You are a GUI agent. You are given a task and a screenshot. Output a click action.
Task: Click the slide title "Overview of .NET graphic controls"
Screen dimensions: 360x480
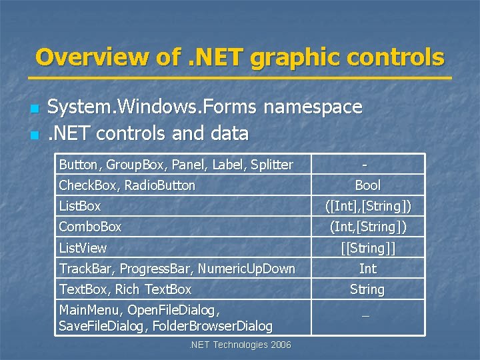pyautogui.click(x=239, y=57)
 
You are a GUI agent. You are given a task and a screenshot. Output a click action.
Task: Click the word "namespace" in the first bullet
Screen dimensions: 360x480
pyautogui.click(x=313, y=107)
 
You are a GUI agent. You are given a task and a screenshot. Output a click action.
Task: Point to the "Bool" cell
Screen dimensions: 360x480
pyautogui.click(x=367, y=185)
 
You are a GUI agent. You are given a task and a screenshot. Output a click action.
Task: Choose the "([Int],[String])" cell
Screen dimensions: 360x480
pyautogui.click(x=367, y=206)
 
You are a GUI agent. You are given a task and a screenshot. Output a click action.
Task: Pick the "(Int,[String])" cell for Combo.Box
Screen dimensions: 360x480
pyautogui.click(x=367, y=227)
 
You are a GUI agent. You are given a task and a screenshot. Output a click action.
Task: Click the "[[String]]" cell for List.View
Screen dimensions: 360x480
pyautogui.click(x=367, y=248)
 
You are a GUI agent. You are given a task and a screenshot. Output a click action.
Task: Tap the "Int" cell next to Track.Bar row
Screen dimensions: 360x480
pyautogui.click(x=367, y=269)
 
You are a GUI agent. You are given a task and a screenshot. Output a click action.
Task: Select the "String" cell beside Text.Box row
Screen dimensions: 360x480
pyautogui.click(x=367, y=289)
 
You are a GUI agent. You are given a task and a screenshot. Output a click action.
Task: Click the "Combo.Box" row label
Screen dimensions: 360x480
pyautogui.click(x=90, y=227)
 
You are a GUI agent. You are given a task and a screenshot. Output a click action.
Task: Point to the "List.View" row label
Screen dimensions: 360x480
pyautogui.click(x=83, y=248)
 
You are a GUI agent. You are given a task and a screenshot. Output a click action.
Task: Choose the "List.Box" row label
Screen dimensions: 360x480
pyautogui.click(x=80, y=206)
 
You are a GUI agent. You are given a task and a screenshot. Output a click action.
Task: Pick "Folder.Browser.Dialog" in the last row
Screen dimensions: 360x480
pyautogui.click(x=213, y=326)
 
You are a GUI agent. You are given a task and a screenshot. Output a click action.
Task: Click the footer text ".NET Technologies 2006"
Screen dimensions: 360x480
pyautogui.click(x=240, y=345)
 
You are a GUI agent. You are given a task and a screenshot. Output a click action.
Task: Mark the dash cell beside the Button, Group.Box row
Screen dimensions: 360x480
pyautogui.click(x=365, y=165)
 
